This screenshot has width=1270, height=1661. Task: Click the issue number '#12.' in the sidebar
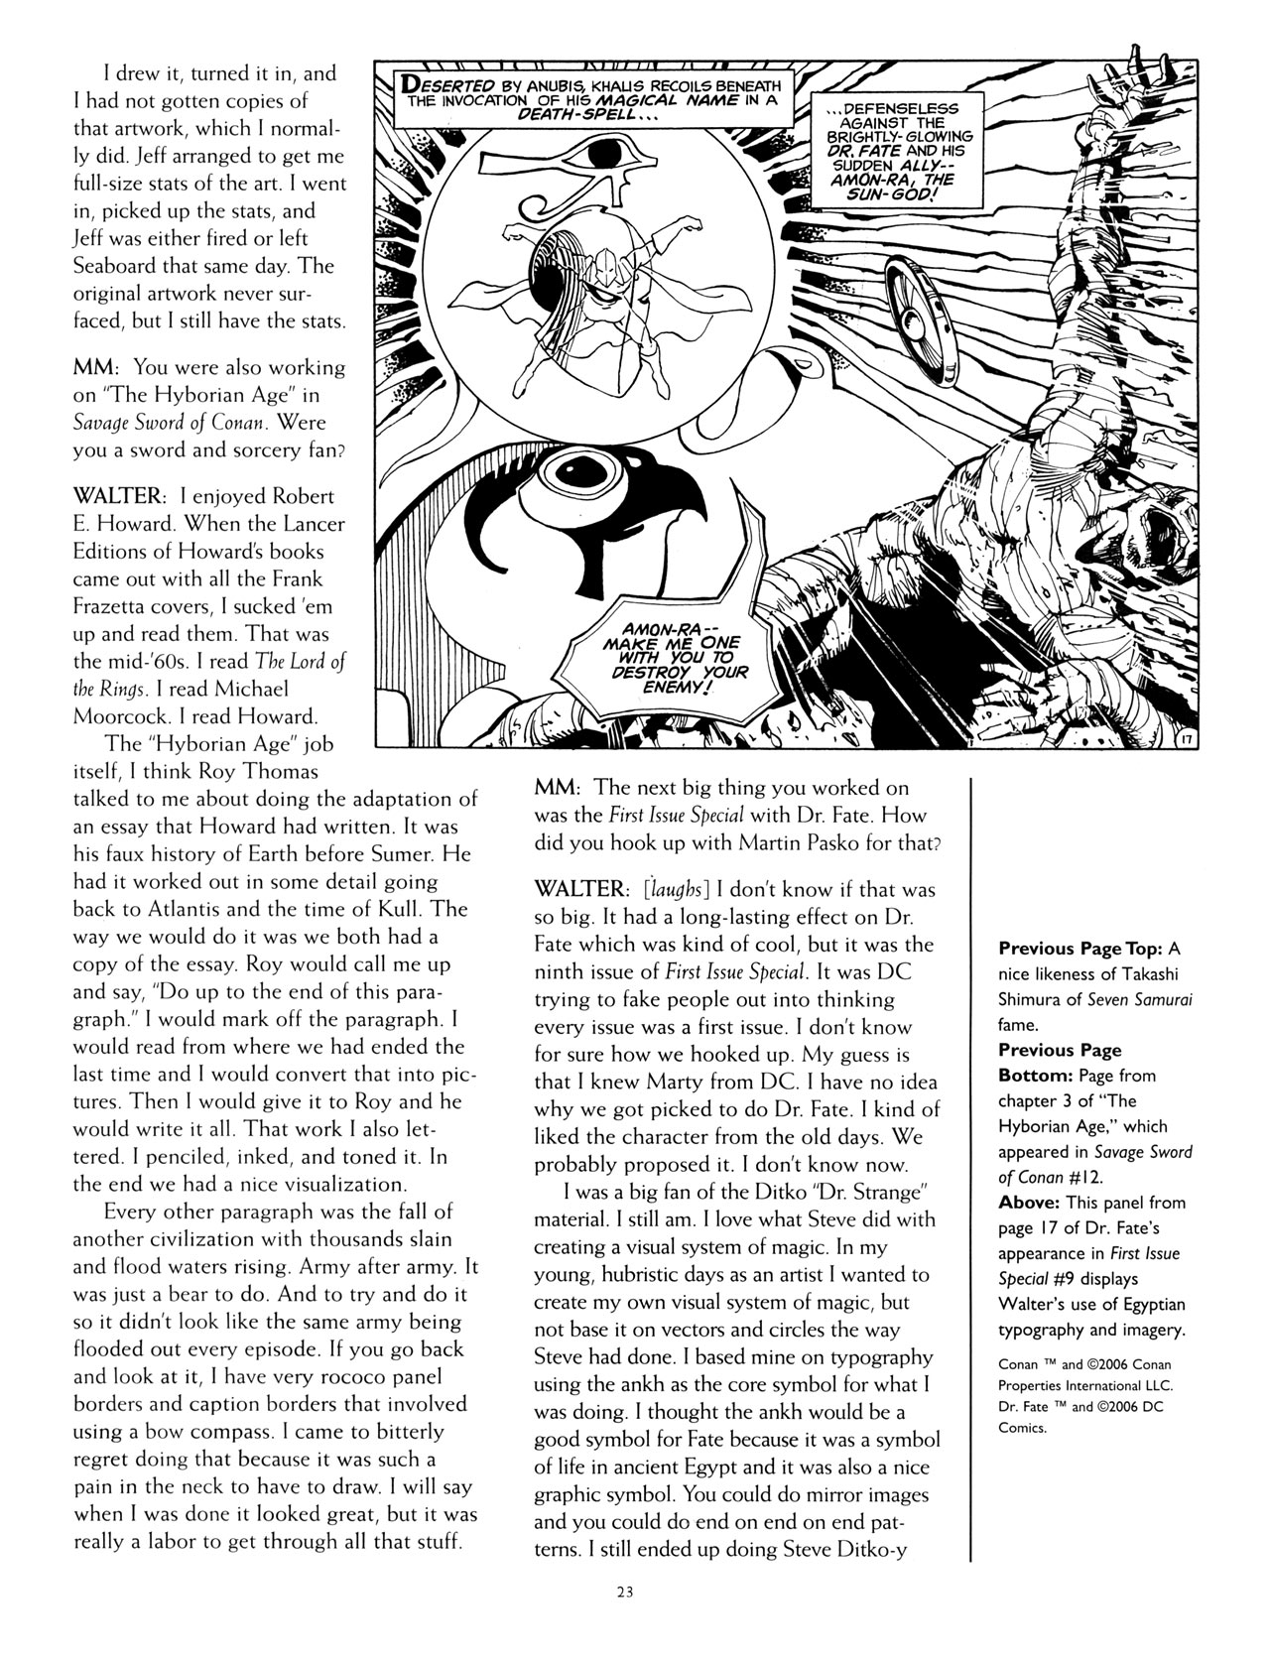(1125, 1177)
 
